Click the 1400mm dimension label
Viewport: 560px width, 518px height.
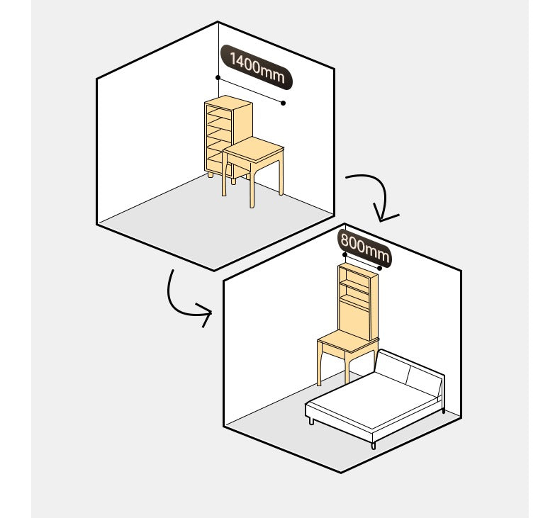click(257, 67)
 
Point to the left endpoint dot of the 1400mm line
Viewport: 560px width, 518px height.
click(218, 77)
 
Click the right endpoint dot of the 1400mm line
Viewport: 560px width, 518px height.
click(284, 103)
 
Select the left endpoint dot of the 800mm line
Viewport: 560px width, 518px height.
click(345, 254)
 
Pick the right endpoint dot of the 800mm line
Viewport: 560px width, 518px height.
click(380, 268)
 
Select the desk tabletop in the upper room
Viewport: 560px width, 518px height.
click(254, 149)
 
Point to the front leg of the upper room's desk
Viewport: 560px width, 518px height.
click(252, 186)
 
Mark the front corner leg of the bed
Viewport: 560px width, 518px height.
click(374, 445)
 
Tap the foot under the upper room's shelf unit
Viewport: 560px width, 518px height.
click(211, 175)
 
